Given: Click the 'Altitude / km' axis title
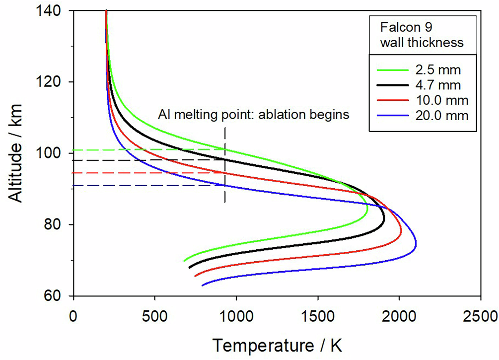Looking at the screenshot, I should (18, 153).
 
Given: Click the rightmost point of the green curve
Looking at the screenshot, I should (367, 213).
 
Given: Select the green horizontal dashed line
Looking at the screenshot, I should (149, 149).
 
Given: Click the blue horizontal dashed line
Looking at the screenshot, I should (149, 185).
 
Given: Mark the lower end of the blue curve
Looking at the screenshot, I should (202, 286).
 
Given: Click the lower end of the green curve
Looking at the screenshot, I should (184, 261).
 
